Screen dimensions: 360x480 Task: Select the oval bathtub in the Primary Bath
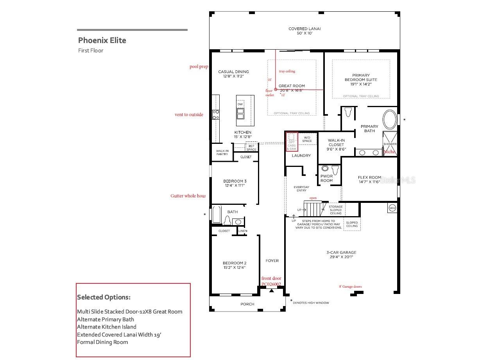(x=389, y=120)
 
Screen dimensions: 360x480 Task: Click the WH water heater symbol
(x=392, y=208)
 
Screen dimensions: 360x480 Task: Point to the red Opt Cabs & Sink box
(x=292, y=141)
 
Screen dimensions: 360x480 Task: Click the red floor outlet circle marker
(x=276, y=90)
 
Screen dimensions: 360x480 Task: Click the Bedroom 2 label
(x=235, y=263)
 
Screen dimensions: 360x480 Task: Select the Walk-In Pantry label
(x=222, y=152)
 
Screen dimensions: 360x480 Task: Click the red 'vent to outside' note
(x=189, y=115)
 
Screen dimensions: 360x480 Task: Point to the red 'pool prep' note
(x=199, y=66)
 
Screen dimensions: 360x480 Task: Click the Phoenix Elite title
(x=102, y=40)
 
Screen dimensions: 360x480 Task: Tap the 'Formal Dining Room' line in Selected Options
(x=102, y=342)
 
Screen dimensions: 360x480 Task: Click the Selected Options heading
(x=104, y=297)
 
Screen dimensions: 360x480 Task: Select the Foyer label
(x=272, y=261)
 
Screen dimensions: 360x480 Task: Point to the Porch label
(x=247, y=304)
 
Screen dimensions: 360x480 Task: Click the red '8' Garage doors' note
(x=350, y=287)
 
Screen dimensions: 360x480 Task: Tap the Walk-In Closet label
(x=336, y=143)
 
